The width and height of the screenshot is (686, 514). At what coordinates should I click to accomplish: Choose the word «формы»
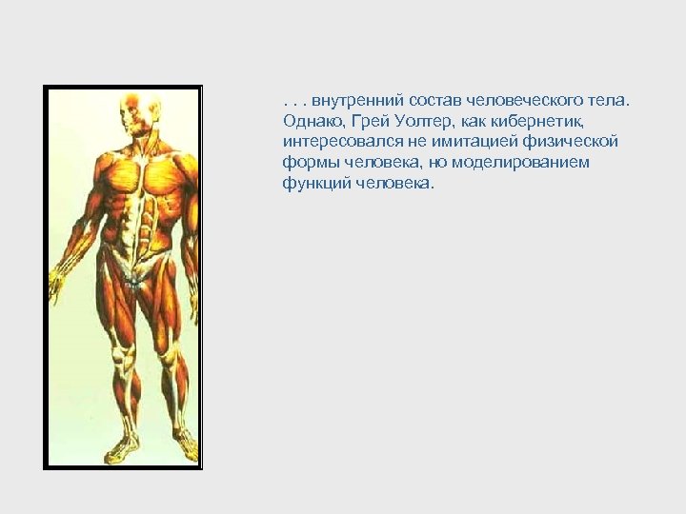[x=308, y=163]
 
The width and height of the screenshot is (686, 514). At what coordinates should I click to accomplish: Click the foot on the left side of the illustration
[x=121, y=446]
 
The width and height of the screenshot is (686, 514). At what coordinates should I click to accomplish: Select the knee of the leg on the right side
[x=172, y=357]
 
